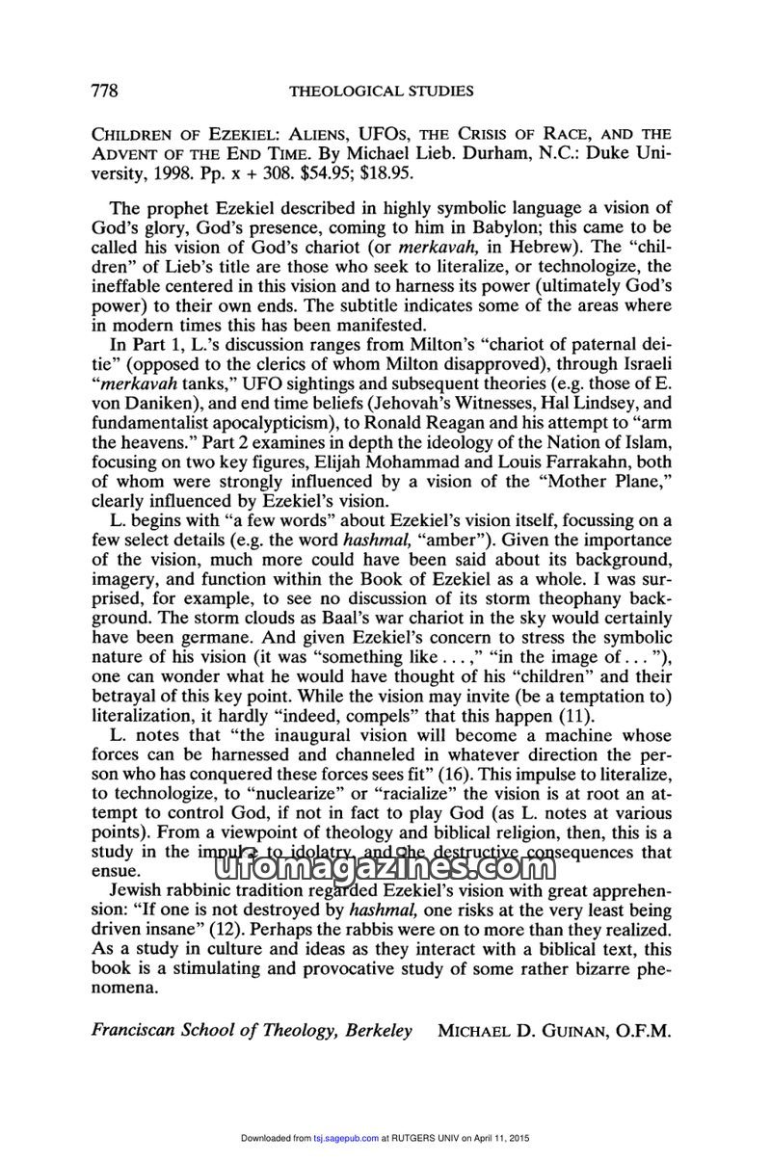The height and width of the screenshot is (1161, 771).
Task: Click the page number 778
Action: click(x=104, y=92)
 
